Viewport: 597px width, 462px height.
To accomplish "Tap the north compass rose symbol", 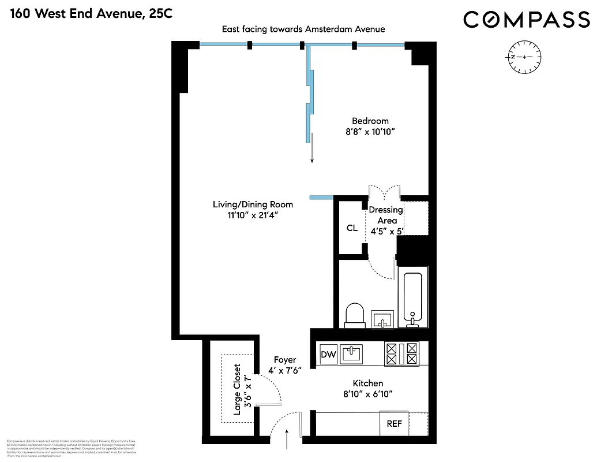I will coord(523,57).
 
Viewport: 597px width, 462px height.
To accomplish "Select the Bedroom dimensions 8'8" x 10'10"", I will coord(370,132).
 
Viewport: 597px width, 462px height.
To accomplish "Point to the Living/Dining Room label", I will coord(253,204).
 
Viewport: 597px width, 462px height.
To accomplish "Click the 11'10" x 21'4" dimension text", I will coord(253,215).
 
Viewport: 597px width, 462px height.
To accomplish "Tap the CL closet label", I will coord(352,228).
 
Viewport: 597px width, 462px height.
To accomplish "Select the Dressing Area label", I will coord(386,215).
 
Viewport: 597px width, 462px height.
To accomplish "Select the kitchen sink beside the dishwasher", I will coord(351,353).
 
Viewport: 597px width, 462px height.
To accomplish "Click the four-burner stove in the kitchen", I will coord(402,353).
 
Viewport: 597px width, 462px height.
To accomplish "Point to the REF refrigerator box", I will coord(394,423).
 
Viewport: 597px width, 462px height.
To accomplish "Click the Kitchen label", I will coord(367,383).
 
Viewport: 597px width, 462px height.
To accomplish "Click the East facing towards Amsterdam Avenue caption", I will coord(303,29).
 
